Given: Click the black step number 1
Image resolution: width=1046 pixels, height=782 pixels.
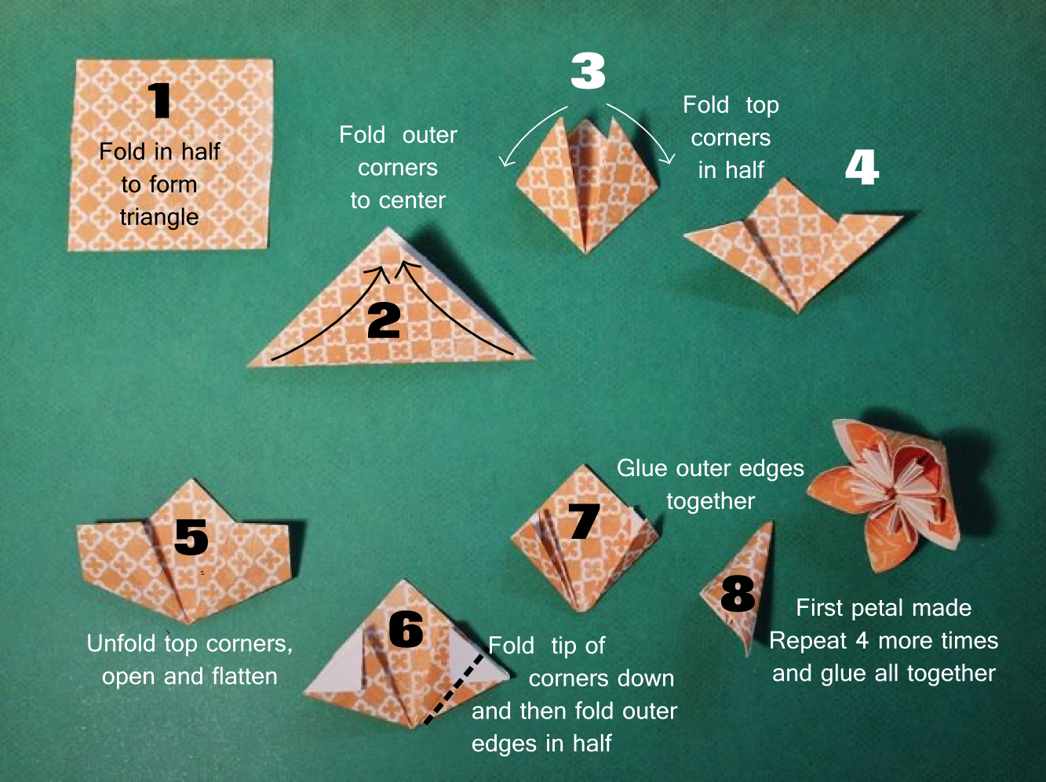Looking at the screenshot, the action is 159,100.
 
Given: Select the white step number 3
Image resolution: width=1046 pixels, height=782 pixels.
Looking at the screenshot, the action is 588,71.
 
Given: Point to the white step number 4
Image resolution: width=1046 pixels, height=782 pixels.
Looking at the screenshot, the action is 862,167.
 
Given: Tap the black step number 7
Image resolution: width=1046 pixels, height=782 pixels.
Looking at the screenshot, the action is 584,522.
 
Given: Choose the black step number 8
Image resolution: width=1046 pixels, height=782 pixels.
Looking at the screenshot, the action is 738,594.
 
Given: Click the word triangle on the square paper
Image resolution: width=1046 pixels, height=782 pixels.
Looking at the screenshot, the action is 159,217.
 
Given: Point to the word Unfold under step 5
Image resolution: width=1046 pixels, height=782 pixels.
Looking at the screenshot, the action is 122,643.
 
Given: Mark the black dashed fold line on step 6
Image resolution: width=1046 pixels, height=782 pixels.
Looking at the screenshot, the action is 454,689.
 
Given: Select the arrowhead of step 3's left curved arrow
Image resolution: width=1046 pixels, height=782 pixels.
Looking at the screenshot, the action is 506,161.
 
